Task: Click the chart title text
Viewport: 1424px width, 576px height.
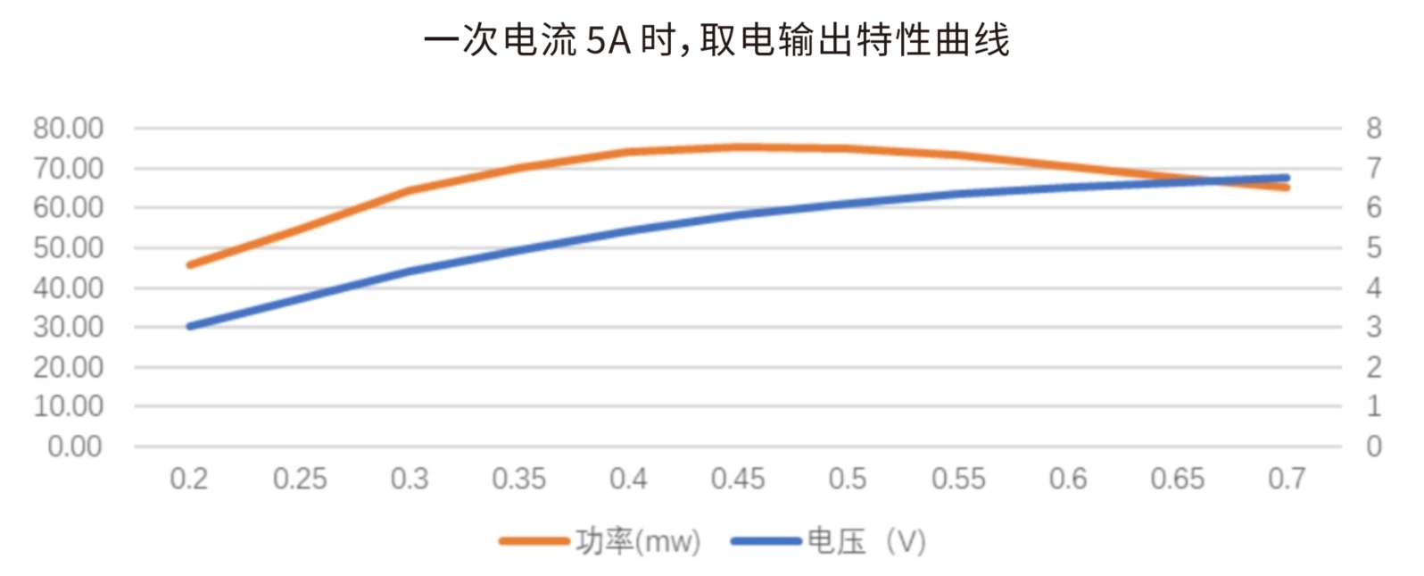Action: point(716,41)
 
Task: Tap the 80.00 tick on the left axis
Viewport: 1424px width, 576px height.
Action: point(68,129)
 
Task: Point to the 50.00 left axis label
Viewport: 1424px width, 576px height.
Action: point(68,247)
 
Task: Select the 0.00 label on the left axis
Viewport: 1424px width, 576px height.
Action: point(75,447)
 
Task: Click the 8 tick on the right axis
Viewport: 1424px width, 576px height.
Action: point(1373,129)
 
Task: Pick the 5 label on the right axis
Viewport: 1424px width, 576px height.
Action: point(1373,247)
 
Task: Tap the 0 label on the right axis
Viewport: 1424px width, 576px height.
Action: point(1373,447)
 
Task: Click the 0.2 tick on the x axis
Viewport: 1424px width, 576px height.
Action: point(188,480)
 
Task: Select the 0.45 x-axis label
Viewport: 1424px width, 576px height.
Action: point(738,480)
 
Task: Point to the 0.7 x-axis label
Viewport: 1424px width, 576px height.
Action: point(1287,480)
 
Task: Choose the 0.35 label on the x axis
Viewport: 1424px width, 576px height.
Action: point(518,480)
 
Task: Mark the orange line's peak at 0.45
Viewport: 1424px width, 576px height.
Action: point(738,147)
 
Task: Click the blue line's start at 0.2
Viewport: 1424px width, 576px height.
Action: point(189,326)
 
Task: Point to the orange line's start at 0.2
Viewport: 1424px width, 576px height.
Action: point(189,264)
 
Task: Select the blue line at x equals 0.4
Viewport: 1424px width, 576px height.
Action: point(628,230)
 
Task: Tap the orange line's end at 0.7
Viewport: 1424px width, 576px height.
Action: point(1287,188)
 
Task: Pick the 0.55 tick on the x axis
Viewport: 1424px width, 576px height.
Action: point(958,480)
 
